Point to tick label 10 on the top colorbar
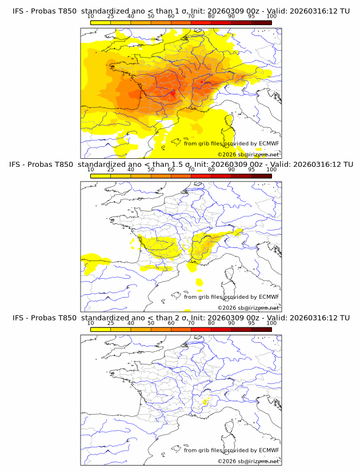click(x=91, y=17)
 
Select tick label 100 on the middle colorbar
click(x=271, y=170)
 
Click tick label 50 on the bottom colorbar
click(x=151, y=323)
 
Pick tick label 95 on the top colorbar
click(x=251, y=17)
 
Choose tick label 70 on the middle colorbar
click(x=191, y=170)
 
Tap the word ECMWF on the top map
click(x=269, y=144)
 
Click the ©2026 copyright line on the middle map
click(x=249, y=308)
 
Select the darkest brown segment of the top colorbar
click(x=261, y=23)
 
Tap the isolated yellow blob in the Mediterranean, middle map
click(x=199, y=282)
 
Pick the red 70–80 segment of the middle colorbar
click(x=201, y=176)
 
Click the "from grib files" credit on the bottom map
click(x=203, y=450)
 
